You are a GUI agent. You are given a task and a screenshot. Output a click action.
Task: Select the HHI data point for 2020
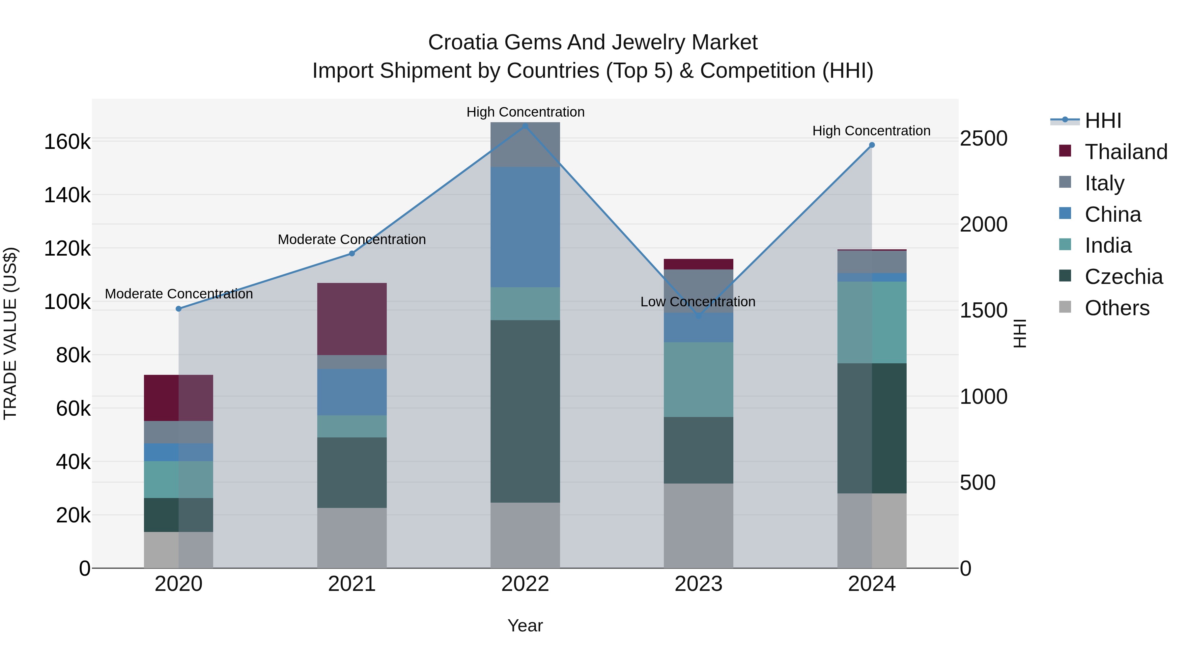(x=179, y=309)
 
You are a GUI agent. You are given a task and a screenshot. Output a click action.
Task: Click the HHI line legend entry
(x=1102, y=121)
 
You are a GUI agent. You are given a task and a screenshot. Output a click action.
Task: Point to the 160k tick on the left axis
(x=67, y=142)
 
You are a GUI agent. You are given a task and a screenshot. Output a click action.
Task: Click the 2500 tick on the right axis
(x=983, y=139)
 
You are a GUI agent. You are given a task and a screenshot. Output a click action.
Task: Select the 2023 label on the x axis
(x=698, y=584)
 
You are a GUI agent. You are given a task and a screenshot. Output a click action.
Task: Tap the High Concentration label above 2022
(x=525, y=112)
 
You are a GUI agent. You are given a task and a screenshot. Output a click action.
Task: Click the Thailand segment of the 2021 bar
(x=352, y=319)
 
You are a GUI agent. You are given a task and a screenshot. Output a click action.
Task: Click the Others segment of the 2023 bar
(x=698, y=525)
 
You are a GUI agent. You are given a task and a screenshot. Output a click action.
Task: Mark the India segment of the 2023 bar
(x=698, y=379)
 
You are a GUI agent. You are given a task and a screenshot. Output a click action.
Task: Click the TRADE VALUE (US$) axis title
(x=10, y=333)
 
